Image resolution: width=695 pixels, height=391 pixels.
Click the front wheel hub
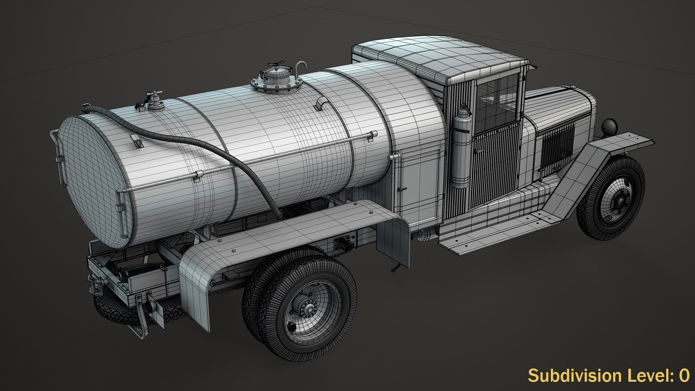click(620, 200)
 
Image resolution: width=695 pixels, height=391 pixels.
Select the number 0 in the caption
click(684, 376)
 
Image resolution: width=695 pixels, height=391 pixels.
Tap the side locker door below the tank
click(420, 185)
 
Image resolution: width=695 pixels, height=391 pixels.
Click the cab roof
click(438, 58)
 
